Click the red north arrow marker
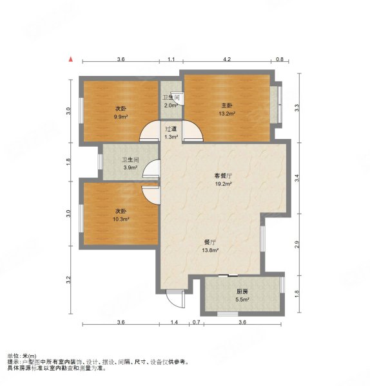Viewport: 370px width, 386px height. [71, 59]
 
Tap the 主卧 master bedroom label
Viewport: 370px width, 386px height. [227, 106]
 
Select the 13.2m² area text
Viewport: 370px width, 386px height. [227, 114]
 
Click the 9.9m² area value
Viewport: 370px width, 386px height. [121, 117]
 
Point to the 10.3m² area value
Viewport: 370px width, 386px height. [121, 219]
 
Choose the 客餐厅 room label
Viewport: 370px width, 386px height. [223, 176]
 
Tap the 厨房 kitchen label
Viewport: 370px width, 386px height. [242, 291]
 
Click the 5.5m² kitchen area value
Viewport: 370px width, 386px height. [242, 300]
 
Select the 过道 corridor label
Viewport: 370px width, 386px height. [171, 129]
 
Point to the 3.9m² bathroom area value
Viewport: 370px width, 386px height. [130, 168]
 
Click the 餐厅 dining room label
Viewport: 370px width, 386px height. [209, 243]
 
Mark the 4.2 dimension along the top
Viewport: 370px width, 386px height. [227, 59]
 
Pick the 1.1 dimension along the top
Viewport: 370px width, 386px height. [171, 59]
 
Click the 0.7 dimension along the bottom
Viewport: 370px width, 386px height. [196, 322]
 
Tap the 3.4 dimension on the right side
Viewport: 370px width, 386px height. [297, 178]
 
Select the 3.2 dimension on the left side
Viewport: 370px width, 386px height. [68, 280]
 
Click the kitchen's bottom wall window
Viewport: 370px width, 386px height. [228, 314]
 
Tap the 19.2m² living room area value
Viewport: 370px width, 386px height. [223, 184]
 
